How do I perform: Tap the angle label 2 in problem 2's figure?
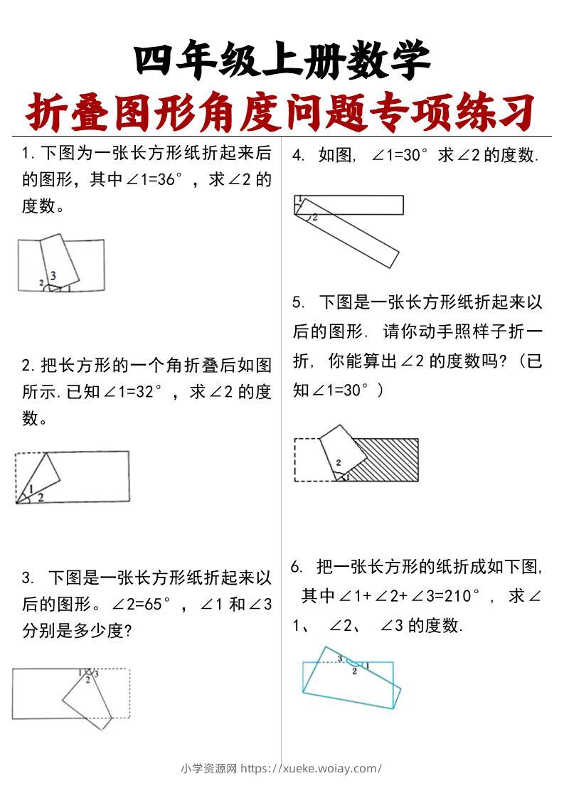coord(41,497)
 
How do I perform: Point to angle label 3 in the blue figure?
coord(341,658)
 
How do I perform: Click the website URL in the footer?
coord(312,768)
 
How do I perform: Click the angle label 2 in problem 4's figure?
coord(314,217)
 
